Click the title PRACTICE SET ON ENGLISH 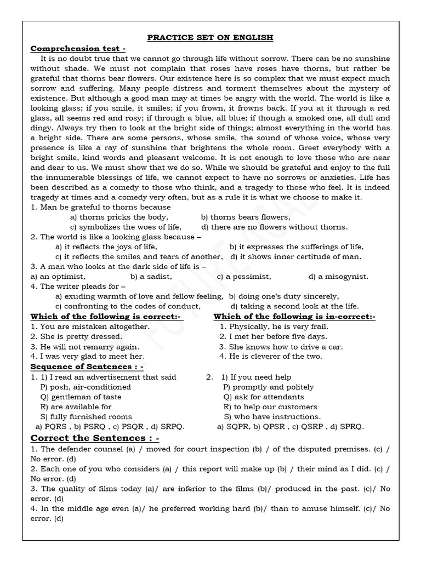click(210, 38)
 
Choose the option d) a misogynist click(338, 277)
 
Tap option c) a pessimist click(244, 277)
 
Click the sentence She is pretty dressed click(76, 336)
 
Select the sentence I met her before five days click(274, 336)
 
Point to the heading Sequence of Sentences click(87, 367)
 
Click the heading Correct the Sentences click(95, 438)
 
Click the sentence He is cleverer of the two click(271, 357)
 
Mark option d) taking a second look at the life click(294, 306)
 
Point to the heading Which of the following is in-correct click(294, 317)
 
